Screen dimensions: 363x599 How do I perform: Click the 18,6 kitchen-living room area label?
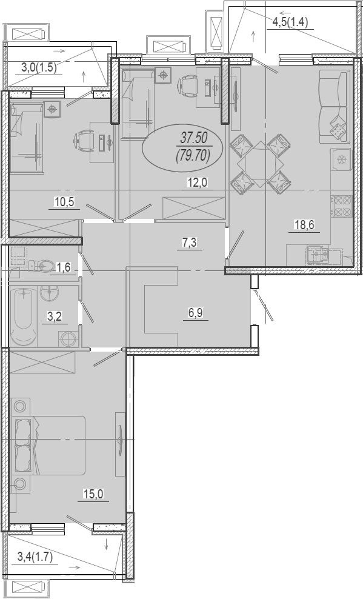304,225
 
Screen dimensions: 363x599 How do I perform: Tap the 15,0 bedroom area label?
93,494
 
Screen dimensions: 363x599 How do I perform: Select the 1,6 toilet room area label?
63,267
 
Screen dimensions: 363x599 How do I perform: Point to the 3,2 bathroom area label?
55,316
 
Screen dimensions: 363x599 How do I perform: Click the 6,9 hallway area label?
195,313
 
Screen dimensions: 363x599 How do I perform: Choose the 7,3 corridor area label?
189,242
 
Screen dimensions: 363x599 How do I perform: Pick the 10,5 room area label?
64,202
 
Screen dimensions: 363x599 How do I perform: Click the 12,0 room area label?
197,182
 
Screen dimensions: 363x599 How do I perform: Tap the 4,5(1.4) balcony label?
290,22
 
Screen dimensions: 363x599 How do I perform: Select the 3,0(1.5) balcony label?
39,68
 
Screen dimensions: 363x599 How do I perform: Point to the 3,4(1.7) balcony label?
35,557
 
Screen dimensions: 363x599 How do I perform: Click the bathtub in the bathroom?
24,316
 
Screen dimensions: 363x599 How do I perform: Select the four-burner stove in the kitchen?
342,206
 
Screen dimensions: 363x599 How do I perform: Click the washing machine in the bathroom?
68,338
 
